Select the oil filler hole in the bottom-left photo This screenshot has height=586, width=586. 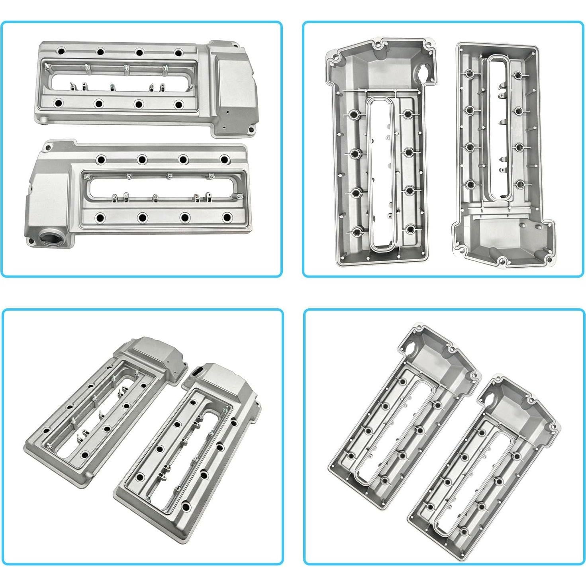[198, 372]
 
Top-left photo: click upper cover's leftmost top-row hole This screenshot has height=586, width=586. [61, 51]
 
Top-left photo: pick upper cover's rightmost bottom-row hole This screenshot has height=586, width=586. [178, 105]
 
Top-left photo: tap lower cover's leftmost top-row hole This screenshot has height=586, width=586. [100, 159]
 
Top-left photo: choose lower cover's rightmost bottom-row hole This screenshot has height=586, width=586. [227, 218]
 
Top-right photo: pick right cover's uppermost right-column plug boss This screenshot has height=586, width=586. [517, 75]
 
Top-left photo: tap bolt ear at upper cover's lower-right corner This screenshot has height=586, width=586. [251, 129]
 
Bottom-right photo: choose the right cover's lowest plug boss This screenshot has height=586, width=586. [464, 531]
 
